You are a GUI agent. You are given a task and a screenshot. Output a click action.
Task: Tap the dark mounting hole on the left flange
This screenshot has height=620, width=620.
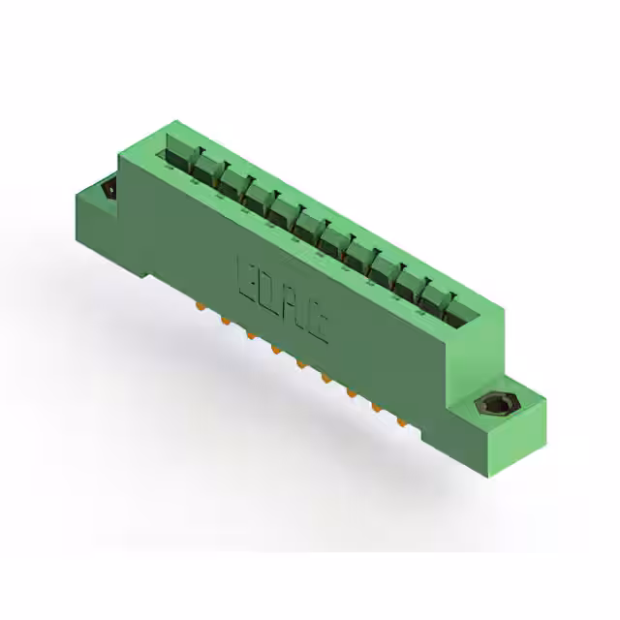pyautogui.click(x=108, y=190)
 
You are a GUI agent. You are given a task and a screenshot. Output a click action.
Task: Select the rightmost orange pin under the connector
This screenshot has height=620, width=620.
pyautogui.click(x=400, y=422)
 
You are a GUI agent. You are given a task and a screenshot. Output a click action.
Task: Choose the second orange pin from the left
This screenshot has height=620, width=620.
pyautogui.click(x=225, y=320)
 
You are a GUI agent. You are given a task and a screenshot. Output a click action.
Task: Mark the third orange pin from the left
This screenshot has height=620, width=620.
pyautogui.click(x=250, y=335)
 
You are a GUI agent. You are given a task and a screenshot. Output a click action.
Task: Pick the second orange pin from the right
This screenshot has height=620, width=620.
pyautogui.click(x=375, y=409)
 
